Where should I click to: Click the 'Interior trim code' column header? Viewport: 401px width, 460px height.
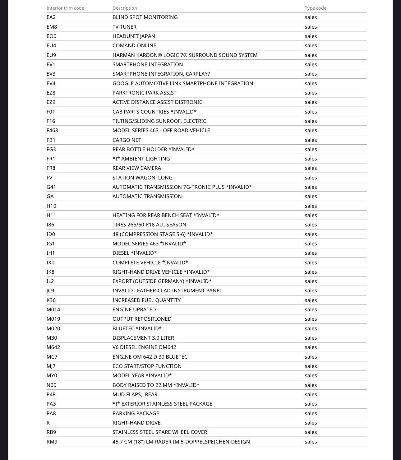point(65,8)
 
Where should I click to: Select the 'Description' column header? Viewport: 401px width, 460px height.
point(125,8)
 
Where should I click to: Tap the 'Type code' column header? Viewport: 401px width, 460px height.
point(316,8)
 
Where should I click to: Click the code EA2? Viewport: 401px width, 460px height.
point(51,17)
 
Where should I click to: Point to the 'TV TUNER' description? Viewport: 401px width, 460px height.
point(124,27)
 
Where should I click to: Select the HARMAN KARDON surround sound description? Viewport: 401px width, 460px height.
point(185,55)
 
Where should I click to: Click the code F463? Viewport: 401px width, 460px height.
point(52,130)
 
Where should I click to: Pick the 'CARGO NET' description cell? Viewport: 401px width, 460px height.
point(127,140)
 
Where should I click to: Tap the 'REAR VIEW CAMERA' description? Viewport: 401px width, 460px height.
point(137,168)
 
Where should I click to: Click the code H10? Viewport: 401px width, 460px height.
point(51,206)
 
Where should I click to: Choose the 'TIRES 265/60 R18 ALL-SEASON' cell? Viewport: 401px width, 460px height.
point(149,225)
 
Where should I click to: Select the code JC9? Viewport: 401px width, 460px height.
point(50,290)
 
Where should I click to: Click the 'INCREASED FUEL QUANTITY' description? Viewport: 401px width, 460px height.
point(146,300)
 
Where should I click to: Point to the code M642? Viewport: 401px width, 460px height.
point(53,347)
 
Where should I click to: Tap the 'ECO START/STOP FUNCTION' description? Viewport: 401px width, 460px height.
point(147,366)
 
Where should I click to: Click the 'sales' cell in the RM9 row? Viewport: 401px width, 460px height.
point(311,442)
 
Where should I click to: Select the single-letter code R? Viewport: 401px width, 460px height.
point(48,423)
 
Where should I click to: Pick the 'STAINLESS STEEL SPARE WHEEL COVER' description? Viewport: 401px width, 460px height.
point(160,432)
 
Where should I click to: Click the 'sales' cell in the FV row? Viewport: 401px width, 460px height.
point(311,178)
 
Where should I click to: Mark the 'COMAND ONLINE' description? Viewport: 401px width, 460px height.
point(134,45)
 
